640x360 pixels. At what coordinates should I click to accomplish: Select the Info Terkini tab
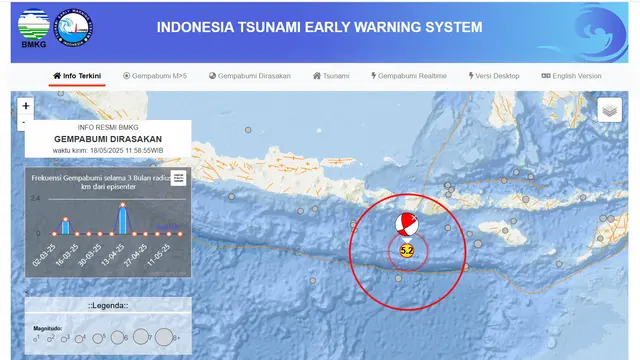78,76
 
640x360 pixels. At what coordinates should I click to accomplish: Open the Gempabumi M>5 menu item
155,76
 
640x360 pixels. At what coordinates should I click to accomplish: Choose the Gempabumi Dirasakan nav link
249,76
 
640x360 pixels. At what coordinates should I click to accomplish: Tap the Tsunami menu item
331,76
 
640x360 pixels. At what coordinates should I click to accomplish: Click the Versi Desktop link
494,76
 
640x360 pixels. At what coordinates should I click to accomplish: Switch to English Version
571,76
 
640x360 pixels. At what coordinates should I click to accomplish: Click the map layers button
610,111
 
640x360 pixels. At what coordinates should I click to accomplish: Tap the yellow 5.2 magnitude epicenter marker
407,250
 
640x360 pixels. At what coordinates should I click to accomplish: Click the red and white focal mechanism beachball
406,223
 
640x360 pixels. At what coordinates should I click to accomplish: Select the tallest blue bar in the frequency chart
122,219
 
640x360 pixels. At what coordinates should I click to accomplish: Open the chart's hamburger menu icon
178,178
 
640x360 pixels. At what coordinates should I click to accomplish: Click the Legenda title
107,305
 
